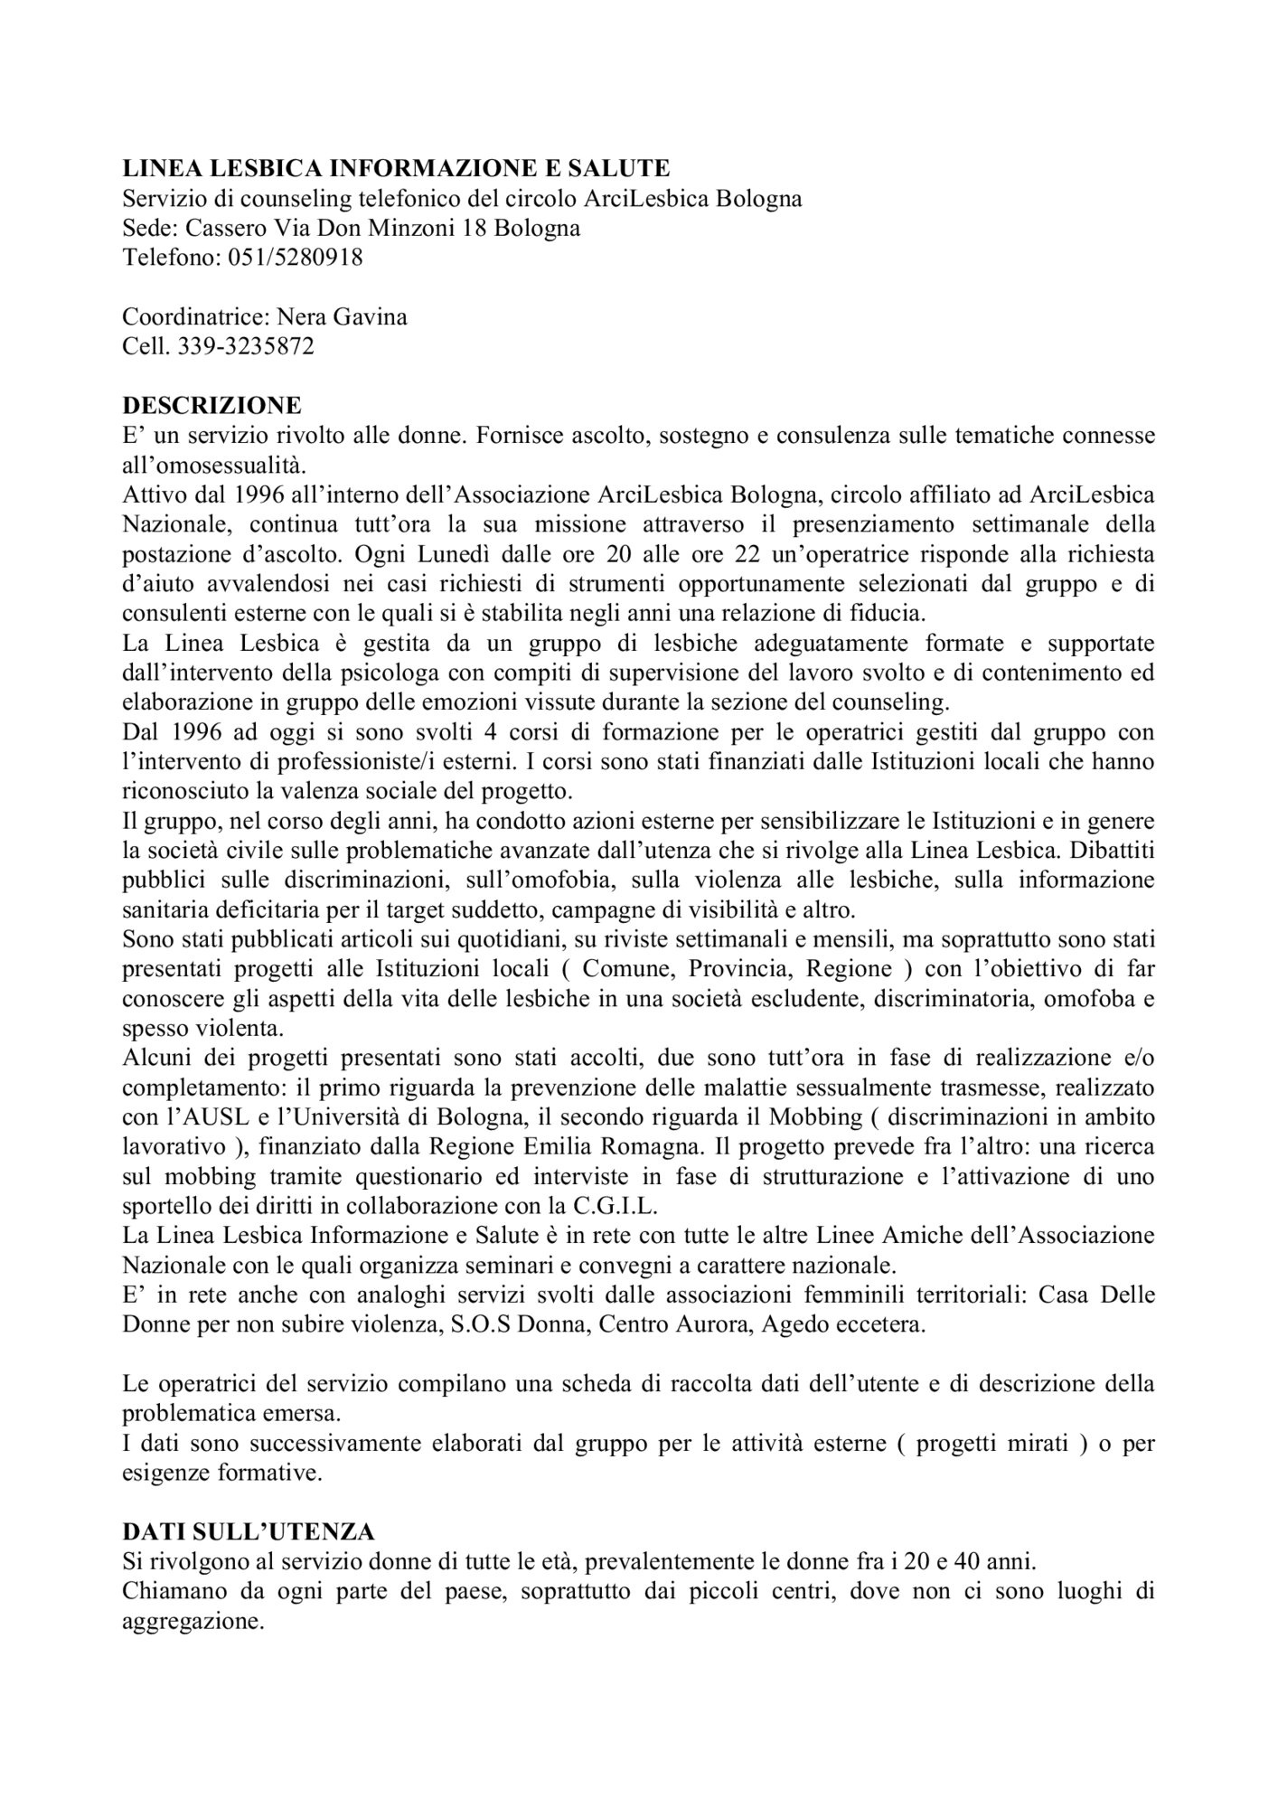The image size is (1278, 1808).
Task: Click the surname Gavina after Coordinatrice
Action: coord(370,317)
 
